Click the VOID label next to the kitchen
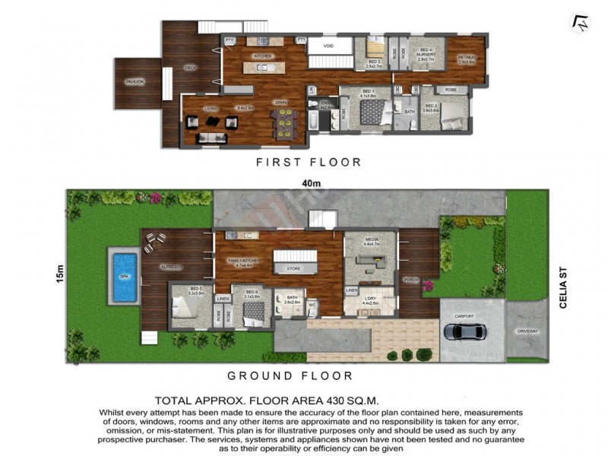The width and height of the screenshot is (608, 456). pos(328,46)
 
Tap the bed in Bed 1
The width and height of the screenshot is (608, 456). pos(372,112)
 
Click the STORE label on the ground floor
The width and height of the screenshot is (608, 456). pos(293,268)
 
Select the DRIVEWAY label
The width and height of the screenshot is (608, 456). pos(527,331)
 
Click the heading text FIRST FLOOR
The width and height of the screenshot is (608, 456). pos(308,162)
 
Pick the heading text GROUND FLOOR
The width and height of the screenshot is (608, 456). pos(290,375)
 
